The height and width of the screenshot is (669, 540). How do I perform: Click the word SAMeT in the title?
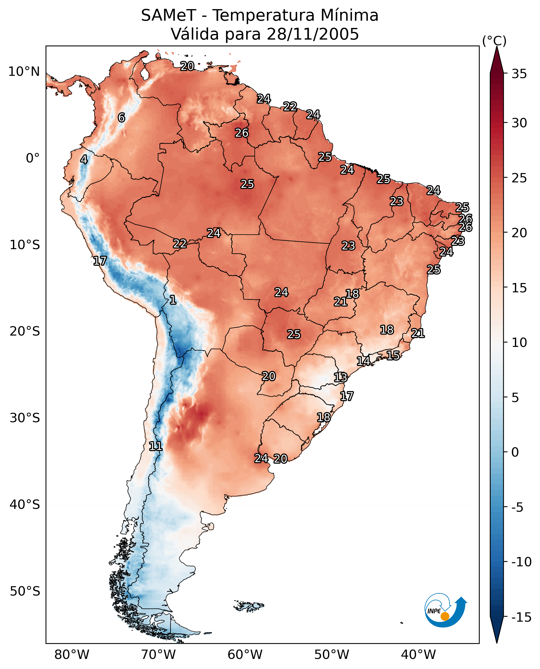[169, 15]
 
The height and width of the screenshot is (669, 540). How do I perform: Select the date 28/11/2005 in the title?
[313, 34]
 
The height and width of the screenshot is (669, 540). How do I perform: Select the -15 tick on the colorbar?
[521, 618]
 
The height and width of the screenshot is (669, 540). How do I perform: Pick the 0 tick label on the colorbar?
[515, 452]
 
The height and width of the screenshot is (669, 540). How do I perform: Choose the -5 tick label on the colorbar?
[517, 507]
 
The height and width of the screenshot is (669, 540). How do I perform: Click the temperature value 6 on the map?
[121, 117]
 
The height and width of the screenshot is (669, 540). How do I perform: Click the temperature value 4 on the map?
[84, 159]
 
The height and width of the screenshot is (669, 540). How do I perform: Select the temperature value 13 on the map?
[341, 377]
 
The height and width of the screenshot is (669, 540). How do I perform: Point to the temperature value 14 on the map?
[363, 361]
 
